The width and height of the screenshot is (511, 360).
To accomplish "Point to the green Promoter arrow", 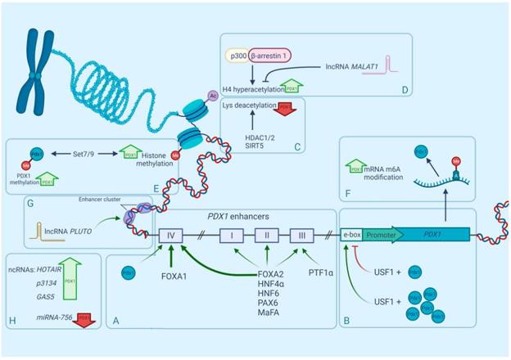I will coord(382,234).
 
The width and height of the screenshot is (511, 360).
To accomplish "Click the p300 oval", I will coord(237,57).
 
